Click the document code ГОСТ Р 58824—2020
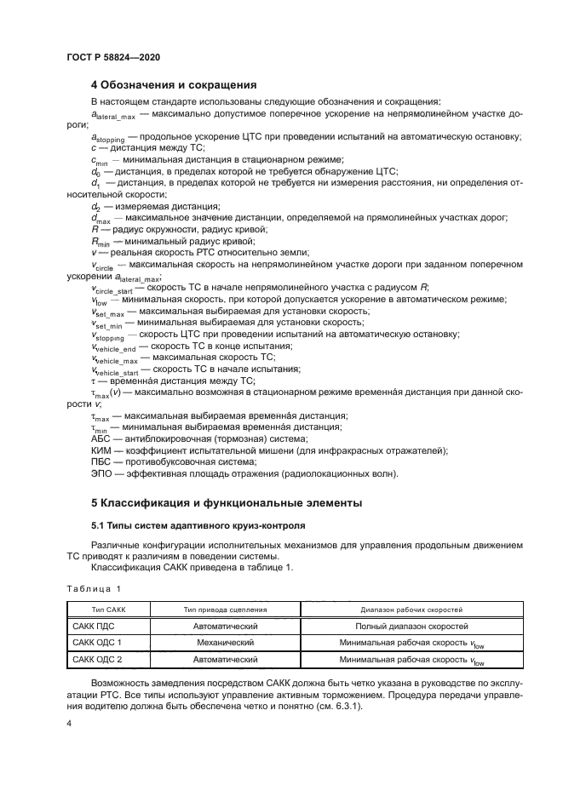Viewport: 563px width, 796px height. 112,56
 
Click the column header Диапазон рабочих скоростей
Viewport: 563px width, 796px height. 411,610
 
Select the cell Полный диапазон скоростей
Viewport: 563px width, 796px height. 411,626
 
